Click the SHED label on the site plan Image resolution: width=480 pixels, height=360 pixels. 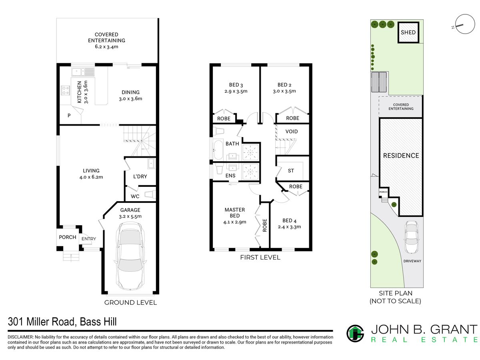pos(408,32)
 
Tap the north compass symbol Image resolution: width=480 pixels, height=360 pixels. pos(464,24)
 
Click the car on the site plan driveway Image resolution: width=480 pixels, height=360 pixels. pos(411,237)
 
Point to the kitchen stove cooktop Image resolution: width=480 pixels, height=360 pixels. pos(65,90)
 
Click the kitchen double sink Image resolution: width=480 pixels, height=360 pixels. pos(83,72)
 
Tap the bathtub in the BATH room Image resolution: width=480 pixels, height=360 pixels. pos(218,150)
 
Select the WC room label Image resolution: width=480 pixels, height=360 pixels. pos(135,196)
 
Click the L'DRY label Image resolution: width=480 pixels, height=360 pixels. pos(140,176)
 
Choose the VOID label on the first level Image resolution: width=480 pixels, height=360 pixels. pos(291,131)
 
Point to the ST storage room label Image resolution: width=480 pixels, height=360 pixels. pos(291,171)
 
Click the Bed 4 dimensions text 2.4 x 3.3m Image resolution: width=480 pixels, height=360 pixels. pos(289,227)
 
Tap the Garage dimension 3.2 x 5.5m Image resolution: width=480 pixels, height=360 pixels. pos(130,216)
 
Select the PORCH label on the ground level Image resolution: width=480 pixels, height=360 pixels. pos(68,237)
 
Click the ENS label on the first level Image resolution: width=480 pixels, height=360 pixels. pos(230,176)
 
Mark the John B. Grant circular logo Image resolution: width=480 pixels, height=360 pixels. pos(355,334)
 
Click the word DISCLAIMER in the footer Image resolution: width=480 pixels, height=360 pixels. pos(20,337)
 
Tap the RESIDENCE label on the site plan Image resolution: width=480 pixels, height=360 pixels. pos(401,156)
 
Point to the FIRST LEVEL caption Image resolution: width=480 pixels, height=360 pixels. pos(260,258)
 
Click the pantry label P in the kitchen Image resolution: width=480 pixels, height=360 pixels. pos(69,116)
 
